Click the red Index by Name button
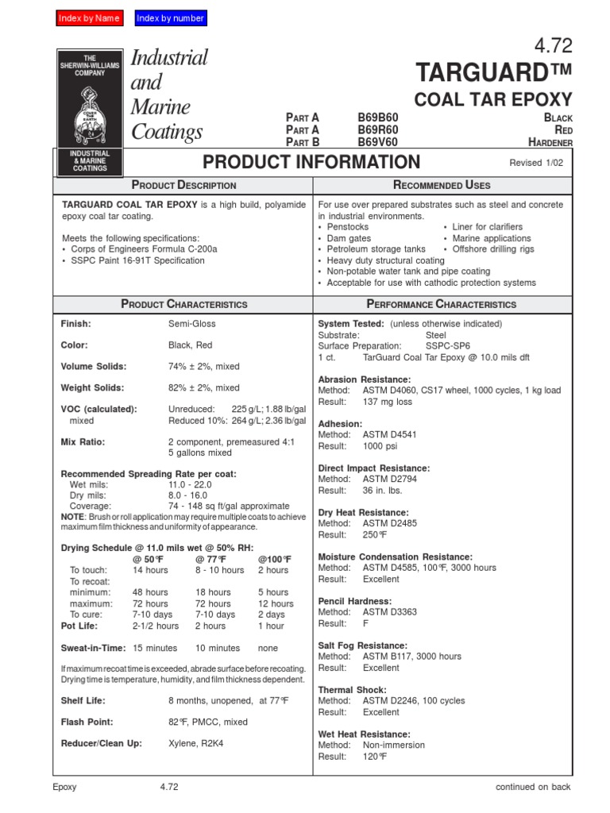90,18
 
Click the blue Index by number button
171,18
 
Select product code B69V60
378,142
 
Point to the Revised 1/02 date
540,163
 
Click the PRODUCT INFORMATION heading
311,162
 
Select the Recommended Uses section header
442,185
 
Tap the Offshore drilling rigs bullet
492,249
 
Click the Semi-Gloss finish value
191,324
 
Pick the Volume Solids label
94,366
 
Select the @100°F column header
275,559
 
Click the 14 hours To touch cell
150,570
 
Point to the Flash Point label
87,722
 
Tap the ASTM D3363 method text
389,612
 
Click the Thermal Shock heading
353,690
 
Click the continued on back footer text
532,787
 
